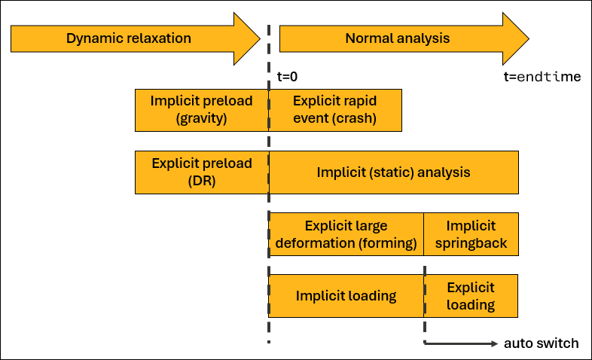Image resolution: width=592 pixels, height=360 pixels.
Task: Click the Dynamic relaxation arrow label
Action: pyautogui.click(x=129, y=38)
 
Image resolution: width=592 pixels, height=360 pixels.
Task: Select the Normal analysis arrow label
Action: pyautogui.click(x=397, y=38)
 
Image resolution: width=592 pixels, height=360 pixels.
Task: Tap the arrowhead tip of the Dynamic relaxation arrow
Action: pyautogui.click(x=258, y=38)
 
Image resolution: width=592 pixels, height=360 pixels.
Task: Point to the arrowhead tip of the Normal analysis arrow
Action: pyautogui.click(x=529, y=38)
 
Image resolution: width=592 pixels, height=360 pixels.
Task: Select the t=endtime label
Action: pyautogui.click(x=542, y=77)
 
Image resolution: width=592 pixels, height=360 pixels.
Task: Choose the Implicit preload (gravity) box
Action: pyautogui.click(x=201, y=109)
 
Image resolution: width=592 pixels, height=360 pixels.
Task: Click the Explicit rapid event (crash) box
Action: pyautogui.click(x=335, y=109)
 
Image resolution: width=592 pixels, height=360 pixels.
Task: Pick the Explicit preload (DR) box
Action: pyautogui.click(x=201, y=172)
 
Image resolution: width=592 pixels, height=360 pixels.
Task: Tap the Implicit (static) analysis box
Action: pyautogui.click(x=393, y=172)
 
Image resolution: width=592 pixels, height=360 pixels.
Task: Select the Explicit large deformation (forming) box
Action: pyautogui.click(x=346, y=234)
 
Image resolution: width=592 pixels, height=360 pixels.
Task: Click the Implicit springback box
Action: pyautogui.click(x=471, y=234)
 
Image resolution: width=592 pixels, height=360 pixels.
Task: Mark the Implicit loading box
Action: pyautogui.click(x=346, y=296)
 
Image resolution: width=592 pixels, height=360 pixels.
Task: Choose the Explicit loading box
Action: pyautogui.click(x=471, y=296)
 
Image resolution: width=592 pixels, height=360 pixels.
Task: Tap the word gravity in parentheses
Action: pyautogui.click(x=201, y=118)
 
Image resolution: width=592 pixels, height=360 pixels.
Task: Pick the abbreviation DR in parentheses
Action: pyautogui.click(x=201, y=181)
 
